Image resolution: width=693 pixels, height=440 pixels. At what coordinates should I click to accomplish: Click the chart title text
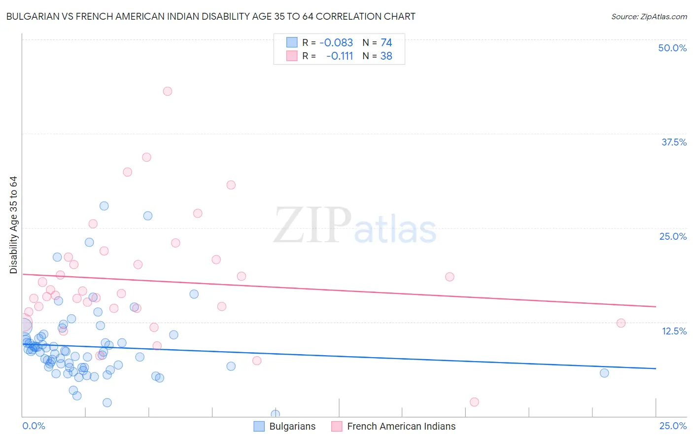pyautogui.click(x=210, y=16)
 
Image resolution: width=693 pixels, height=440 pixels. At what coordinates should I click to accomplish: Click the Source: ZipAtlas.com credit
pyautogui.click(x=649, y=16)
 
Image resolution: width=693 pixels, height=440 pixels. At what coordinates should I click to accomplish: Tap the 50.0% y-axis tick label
pyautogui.click(x=672, y=48)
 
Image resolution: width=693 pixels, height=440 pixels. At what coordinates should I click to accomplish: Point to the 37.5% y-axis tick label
pyautogui.click(x=674, y=142)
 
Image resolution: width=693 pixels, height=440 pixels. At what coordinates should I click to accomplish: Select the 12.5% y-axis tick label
pyautogui.click(x=674, y=331)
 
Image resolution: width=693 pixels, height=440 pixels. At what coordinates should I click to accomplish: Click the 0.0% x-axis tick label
pyautogui.click(x=34, y=426)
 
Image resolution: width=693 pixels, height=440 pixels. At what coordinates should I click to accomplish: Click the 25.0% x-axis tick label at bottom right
pyautogui.click(x=673, y=426)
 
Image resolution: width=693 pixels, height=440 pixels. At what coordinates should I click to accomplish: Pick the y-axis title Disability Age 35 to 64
pyautogui.click(x=13, y=225)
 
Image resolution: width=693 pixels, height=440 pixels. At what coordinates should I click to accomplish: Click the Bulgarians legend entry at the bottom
pyautogui.click(x=292, y=426)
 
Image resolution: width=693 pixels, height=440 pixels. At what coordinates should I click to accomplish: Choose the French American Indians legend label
pyautogui.click(x=401, y=426)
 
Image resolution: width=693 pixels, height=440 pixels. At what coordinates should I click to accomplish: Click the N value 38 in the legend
pyautogui.click(x=386, y=56)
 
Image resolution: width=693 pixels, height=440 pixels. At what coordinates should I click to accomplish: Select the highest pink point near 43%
pyautogui.click(x=168, y=91)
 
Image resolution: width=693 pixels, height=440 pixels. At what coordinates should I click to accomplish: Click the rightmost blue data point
pyautogui.click(x=604, y=373)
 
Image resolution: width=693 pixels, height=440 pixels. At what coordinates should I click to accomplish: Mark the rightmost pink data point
pyautogui.click(x=621, y=323)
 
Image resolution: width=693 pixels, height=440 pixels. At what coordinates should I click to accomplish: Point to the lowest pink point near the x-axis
pyautogui.click(x=474, y=402)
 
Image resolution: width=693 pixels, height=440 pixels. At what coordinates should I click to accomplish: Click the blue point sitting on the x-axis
pyautogui.click(x=276, y=414)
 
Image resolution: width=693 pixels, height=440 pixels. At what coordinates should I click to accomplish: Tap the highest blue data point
pyautogui.click(x=104, y=206)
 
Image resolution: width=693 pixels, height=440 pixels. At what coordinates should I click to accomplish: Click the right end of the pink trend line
pyautogui.click(x=656, y=307)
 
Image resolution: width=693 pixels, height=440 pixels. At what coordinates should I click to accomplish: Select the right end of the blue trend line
pyautogui.click(x=656, y=368)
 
